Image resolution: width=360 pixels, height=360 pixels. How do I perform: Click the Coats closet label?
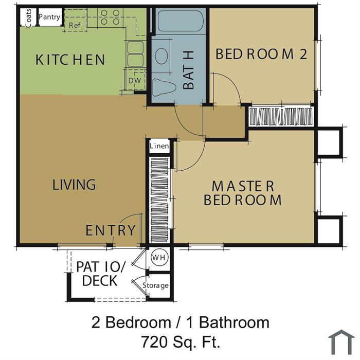pos(28,18)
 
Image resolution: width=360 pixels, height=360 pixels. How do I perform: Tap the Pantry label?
pos(49,17)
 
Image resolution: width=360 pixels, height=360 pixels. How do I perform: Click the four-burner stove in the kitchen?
pos(110,17)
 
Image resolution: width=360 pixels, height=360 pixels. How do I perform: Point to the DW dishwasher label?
pos(135,81)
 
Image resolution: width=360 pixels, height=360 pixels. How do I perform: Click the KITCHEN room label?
pos(70,60)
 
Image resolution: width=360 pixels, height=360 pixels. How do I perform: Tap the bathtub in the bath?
pos(180,21)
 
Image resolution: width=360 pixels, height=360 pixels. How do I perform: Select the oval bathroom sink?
pos(161,56)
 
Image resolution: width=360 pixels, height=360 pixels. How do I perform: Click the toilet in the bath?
pos(163,87)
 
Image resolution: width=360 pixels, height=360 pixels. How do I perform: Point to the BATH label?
pos(189,70)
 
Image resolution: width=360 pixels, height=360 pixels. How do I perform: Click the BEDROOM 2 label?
pos(261,54)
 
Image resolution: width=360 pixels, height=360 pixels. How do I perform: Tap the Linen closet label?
pos(159,146)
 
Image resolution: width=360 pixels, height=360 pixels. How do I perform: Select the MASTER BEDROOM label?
pos(243,193)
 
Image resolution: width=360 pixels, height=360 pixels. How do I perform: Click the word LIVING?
pos(74,185)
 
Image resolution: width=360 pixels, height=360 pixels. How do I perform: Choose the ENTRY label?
pos(111,230)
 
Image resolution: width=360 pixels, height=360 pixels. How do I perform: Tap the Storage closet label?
pos(155,285)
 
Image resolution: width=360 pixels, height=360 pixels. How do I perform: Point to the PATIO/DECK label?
pos(101,274)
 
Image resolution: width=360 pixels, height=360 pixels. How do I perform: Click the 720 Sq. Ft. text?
pos(181,342)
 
